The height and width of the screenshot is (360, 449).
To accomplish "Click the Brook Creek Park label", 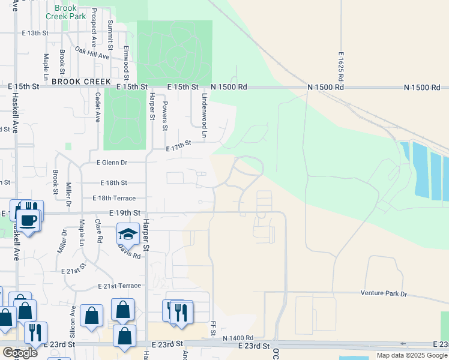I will coord(65,12).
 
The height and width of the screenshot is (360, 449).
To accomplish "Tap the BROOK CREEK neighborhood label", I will coord(81,82).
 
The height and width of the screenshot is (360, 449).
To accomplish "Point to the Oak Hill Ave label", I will coord(92,52).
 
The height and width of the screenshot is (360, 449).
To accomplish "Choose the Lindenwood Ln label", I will coord(204,109).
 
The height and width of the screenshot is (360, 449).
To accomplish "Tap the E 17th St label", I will coord(179,145).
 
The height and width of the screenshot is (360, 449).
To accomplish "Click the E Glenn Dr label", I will coord(112,162).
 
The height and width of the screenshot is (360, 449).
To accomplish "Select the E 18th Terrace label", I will coord(114,198).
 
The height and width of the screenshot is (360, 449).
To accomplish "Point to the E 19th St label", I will coord(124,212).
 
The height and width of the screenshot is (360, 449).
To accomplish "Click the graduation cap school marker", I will coord(128,233).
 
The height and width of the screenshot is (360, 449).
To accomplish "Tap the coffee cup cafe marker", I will coord(28,220).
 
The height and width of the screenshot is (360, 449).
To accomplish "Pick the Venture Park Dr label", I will coord(384,294).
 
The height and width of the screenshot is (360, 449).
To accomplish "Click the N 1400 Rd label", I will coord(238,338).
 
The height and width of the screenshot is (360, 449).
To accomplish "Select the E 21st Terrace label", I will coord(121,286).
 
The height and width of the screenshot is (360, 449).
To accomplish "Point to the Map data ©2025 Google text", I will coord(411,355).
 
